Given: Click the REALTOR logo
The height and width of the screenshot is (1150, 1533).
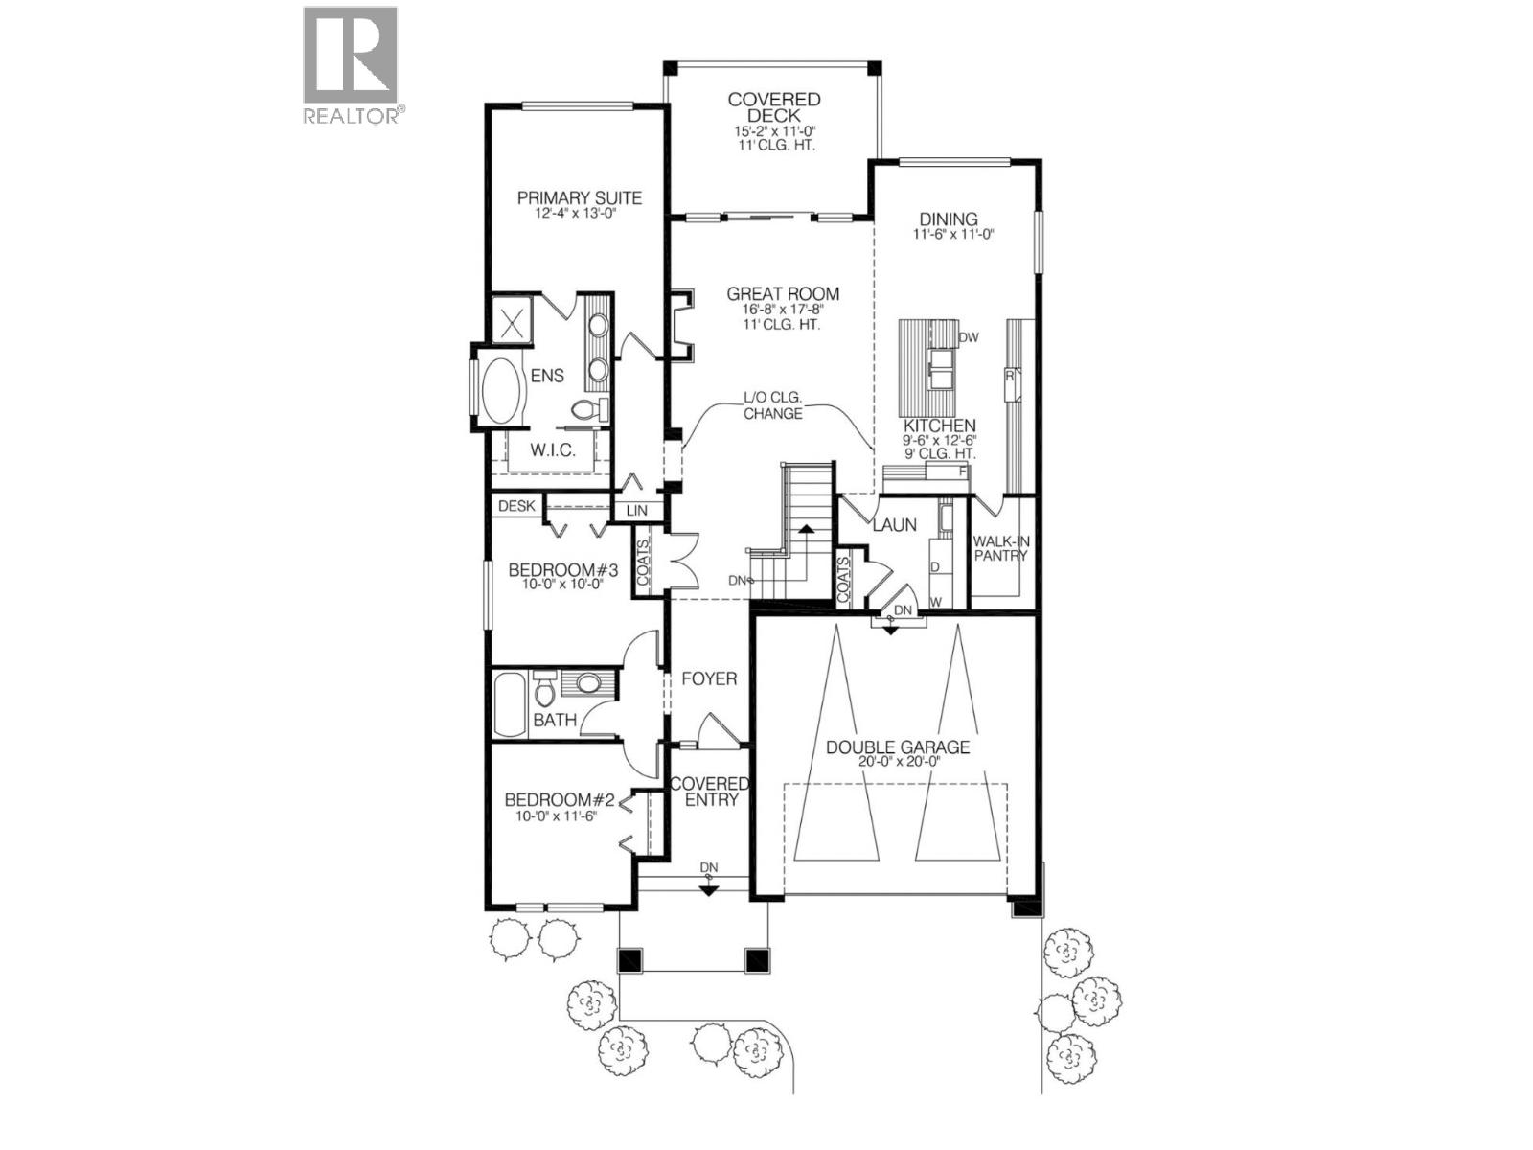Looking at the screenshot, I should tap(351, 63).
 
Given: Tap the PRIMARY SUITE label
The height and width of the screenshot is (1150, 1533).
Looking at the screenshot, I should tap(580, 198).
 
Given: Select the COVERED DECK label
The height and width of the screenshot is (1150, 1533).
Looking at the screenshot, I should tap(774, 107).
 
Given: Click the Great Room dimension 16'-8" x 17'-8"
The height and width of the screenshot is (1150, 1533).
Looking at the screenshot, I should tap(782, 310).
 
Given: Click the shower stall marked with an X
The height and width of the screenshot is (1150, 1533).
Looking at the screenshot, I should tap(512, 318).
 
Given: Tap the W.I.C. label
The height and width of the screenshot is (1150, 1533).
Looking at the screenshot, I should tap(553, 450).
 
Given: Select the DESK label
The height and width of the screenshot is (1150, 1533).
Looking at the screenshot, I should tap(515, 505).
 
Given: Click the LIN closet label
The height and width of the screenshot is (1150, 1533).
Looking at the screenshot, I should tap(636, 512).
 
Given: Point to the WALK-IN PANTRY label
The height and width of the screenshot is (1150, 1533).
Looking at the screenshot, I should tap(1001, 548).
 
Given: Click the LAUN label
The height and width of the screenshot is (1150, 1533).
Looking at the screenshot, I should tap(894, 525).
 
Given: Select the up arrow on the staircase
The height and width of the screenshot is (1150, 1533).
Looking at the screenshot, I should tap(807, 529).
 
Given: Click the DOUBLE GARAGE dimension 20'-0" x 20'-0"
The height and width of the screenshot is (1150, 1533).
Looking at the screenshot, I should tap(897, 761).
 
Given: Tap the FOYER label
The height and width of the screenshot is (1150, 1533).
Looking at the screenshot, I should tap(709, 678).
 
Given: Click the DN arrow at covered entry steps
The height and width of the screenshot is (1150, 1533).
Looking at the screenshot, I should tap(708, 887).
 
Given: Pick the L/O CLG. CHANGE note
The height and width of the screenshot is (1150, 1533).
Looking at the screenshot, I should tap(772, 405).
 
